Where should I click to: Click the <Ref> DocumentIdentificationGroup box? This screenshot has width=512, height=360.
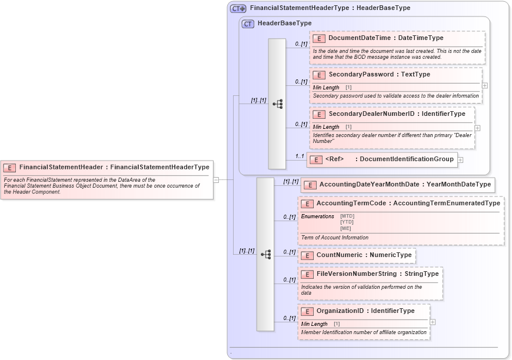(x=382, y=159)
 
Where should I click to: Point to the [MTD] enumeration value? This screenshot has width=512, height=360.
(x=347, y=216)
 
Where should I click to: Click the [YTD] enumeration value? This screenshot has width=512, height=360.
(x=347, y=222)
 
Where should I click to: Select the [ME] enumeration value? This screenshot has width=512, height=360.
(x=345, y=228)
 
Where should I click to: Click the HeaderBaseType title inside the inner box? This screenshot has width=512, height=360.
(x=284, y=24)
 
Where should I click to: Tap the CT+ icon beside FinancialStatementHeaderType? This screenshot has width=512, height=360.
(x=238, y=8)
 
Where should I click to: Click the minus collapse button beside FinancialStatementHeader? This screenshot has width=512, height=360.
(x=216, y=179)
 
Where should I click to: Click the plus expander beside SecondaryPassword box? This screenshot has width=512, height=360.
(x=484, y=86)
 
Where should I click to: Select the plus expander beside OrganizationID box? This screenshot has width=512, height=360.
(x=433, y=322)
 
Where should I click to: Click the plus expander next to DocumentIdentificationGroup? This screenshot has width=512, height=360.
(x=460, y=159)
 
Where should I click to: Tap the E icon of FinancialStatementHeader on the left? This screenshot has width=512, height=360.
(x=9, y=167)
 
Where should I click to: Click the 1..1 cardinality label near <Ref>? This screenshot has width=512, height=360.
(x=300, y=156)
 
